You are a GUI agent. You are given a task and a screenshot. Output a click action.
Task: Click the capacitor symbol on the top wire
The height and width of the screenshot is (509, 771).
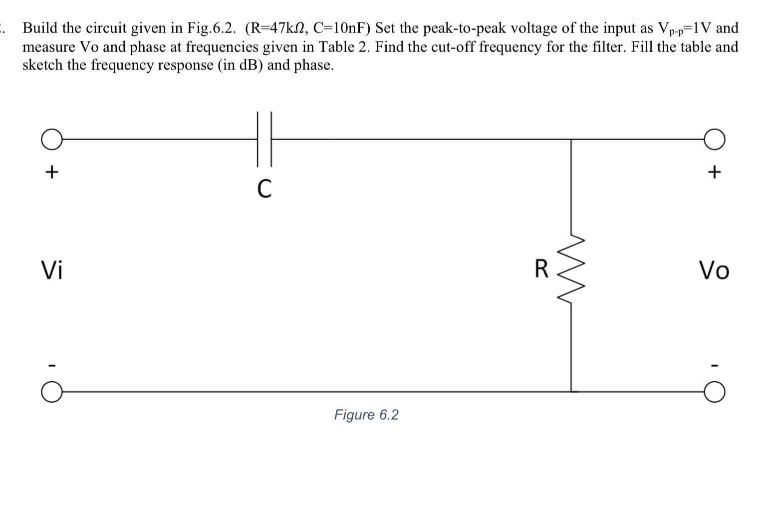coord(264,139)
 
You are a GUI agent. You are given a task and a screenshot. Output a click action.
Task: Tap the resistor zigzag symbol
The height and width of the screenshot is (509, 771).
coord(571,269)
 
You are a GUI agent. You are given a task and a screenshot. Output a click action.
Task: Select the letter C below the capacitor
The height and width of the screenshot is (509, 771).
coord(264,189)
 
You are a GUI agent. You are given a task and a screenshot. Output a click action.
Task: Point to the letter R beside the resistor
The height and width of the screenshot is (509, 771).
coord(541,269)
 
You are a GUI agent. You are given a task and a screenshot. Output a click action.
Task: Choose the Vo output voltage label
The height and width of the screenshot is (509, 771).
coord(714,270)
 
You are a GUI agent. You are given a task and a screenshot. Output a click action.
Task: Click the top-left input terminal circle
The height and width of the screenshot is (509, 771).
coord(51,139)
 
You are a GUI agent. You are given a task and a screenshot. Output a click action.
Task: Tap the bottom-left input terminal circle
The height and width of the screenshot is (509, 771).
coord(51,392)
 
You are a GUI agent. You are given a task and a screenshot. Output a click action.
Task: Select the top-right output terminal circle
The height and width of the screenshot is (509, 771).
coord(715,139)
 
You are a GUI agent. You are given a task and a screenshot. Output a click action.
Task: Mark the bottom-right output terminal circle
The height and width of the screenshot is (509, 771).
coord(715,392)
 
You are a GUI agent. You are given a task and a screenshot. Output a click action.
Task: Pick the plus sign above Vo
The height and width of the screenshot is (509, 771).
coord(715,172)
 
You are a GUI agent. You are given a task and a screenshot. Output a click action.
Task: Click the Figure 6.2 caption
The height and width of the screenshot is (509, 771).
coord(366,415)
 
